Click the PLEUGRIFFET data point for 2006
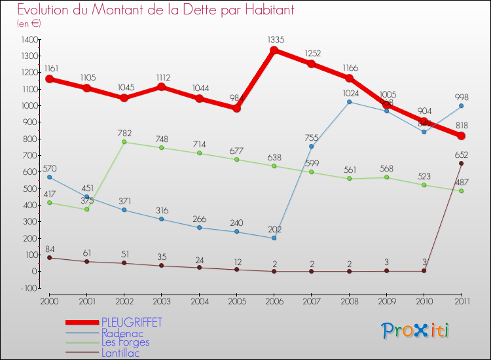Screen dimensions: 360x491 (274, 50)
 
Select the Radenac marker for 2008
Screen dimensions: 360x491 (349, 101)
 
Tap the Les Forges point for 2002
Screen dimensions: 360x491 (124, 142)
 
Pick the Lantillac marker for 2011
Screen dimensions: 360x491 (462, 163)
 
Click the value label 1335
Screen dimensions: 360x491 (276, 40)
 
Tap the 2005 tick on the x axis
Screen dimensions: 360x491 (236, 300)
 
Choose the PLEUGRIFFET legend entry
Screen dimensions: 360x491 (131, 323)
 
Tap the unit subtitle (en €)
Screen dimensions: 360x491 (29, 24)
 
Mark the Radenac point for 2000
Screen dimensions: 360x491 (48, 177)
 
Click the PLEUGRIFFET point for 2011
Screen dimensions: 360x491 (462, 136)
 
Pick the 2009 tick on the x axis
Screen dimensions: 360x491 (386, 300)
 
